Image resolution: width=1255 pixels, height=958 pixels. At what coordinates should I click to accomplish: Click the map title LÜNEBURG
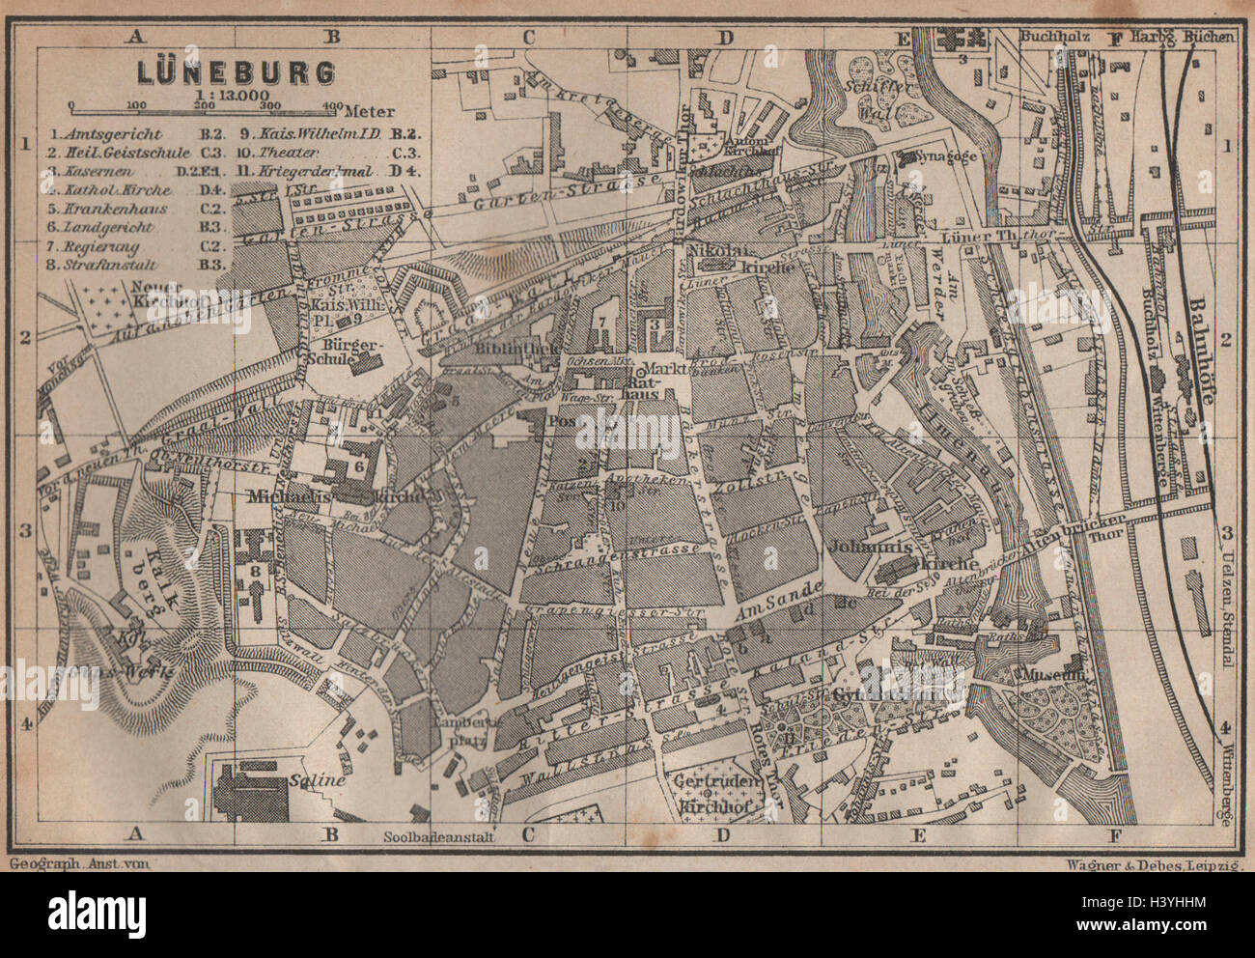tap(224, 72)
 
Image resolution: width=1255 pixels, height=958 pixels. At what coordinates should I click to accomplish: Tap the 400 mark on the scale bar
tap(331, 105)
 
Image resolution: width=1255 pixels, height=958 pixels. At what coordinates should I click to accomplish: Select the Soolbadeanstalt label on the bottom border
tap(439, 837)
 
